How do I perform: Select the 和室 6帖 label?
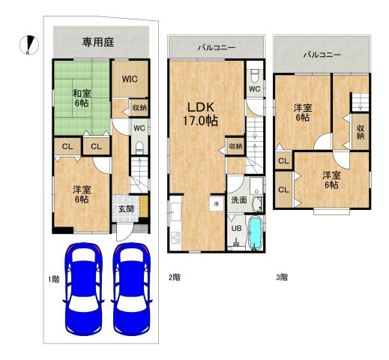[x=82, y=98]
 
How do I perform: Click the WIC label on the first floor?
[x=129, y=79]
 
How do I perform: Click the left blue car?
[x=82, y=290]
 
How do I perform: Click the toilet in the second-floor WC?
[x=254, y=76]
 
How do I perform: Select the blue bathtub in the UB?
[x=254, y=232]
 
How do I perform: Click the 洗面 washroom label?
[x=238, y=200]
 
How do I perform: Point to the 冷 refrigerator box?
[x=217, y=203]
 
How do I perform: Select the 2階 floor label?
[x=174, y=277]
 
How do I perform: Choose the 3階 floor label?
[x=282, y=277]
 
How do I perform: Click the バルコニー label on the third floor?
[x=322, y=55]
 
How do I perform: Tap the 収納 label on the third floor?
[x=361, y=132]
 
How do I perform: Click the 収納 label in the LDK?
[x=235, y=146]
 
